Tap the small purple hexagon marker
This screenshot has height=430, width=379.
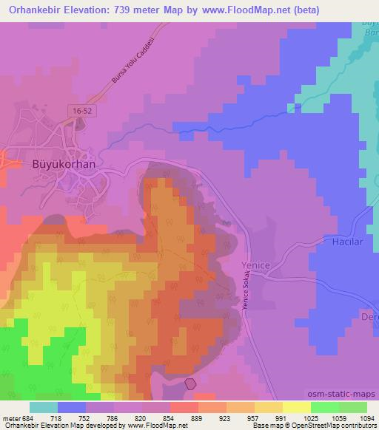tap(190, 383)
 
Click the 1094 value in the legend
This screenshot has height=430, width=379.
tap(366, 417)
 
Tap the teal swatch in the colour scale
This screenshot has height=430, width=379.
tap(44, 407)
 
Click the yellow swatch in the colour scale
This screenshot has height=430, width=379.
tap(296, 407)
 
